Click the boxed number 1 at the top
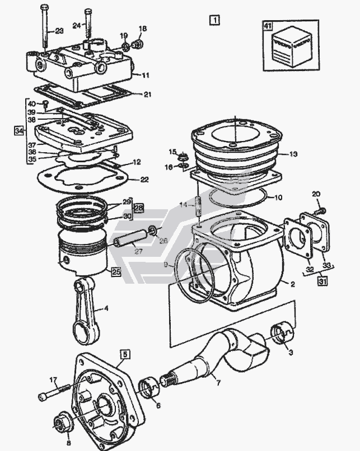coord(214,20)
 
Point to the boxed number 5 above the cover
coord(124,354)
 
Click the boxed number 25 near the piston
coord(116,273)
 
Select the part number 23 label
coord(59,31)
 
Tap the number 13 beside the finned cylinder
coord(293,154)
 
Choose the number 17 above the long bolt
coord(54,380)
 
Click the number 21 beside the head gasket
coord(147,95)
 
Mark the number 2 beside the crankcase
coord(292,284)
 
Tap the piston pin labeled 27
coord(129,241)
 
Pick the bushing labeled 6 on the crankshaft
coord(149,387)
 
